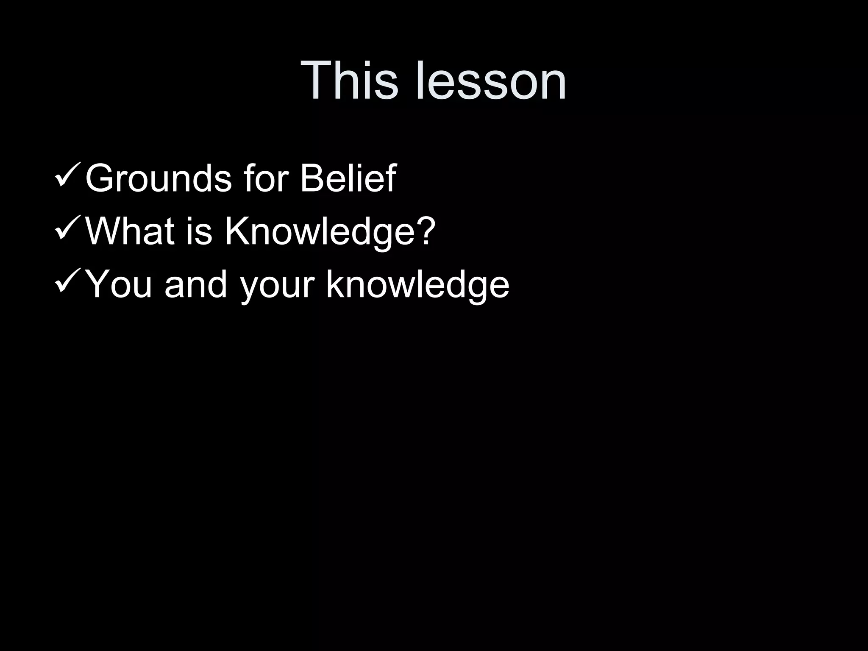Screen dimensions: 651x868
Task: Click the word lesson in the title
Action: point(492,81)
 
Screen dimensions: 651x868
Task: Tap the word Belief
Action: point(348,178)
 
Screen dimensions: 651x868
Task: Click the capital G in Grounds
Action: point(100,178)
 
